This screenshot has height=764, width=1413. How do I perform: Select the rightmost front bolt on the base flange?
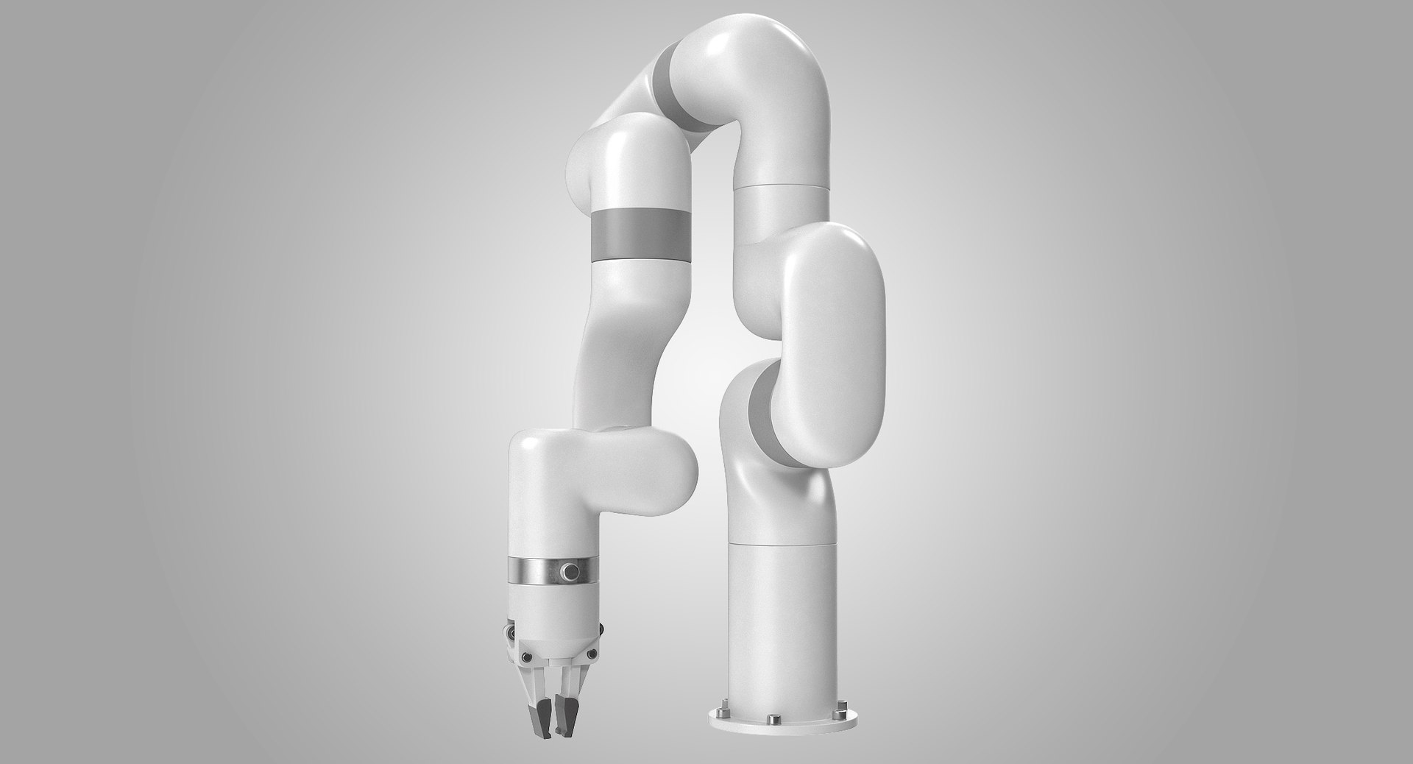[839, 714]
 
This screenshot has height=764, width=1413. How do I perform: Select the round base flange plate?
[780, 729]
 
